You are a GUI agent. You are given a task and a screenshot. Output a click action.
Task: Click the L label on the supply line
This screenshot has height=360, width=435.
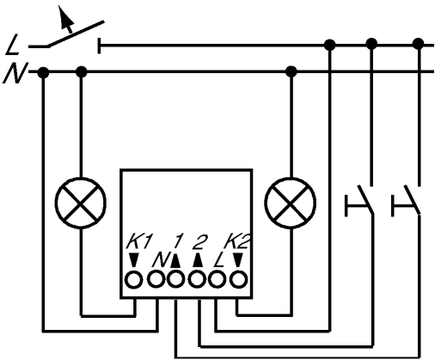pyautogui.click(x=13, y=45)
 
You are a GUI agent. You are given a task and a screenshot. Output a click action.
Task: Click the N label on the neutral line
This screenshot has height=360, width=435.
pyautogui.click(x=15, y=73)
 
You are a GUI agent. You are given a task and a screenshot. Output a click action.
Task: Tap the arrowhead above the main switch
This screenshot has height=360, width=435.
pyautogui.click(x=65, y=17)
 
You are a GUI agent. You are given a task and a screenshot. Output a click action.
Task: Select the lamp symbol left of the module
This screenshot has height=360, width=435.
pyautogui.click(x=81, y=203)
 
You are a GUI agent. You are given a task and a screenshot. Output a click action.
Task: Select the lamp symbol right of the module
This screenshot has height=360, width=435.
pyautogui.click(x=291, y=203)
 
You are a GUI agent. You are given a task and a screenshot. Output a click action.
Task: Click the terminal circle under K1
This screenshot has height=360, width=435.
pyautogui.click(x=134, y=280)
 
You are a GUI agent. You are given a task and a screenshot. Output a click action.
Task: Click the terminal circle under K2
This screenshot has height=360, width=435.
pyautogui.click(x=238, y=280)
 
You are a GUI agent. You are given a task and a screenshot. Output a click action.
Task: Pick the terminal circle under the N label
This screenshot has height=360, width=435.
pyautogui.click(x=156, y=278)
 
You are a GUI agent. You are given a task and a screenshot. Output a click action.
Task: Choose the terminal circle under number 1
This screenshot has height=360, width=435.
pyautogui.click(x=175, y=280)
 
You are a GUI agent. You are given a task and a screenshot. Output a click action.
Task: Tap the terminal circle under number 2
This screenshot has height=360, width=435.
pyautogui.click(x=197, y=280)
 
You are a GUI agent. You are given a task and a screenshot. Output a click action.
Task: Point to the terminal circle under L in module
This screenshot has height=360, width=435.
pyautogui.click(x=217, y=280)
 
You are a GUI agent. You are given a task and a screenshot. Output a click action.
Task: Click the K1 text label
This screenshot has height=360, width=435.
pyautogui.click(x=138, y=241)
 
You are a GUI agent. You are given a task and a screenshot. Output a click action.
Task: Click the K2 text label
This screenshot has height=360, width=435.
pyautogui.click(x=236, y=241)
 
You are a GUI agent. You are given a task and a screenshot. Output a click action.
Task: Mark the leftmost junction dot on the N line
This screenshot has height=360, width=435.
pyautogui.click(x=43, y=72)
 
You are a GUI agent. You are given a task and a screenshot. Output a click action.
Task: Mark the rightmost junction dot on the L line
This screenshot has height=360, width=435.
pyautogui.click(x=419, y=44)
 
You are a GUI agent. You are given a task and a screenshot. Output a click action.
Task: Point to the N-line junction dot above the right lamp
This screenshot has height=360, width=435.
pyautogui.click(x=291, y=71)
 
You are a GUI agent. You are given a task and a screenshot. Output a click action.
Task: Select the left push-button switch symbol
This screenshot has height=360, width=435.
pyautogui.click(x=359, y=200)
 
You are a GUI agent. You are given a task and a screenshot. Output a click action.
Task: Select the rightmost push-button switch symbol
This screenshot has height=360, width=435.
pyautogui.click(x=407, y=200)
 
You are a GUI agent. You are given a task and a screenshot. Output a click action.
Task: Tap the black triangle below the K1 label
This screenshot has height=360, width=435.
pyautogui.click(x=133, y=260)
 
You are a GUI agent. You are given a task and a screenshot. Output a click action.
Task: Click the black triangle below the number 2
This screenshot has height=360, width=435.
pyautogui.click(x=198, y=260)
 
